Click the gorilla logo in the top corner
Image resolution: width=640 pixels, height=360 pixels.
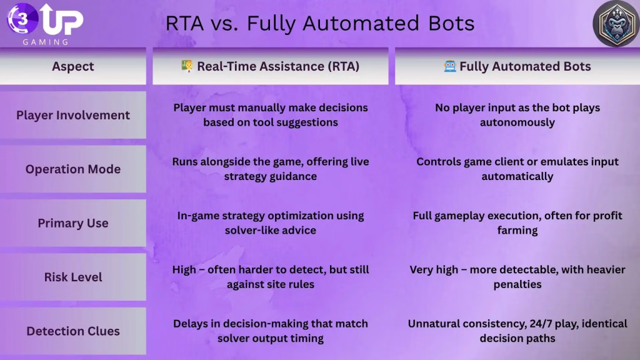point(615,24)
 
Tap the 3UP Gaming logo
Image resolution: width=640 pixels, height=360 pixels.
point(45,23)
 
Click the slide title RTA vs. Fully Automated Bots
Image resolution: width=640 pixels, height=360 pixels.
point(319,23)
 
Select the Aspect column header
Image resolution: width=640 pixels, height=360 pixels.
point(73,66)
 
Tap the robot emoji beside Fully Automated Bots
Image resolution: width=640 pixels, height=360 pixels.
point(450,66)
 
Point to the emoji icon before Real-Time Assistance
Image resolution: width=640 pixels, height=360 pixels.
point(187,66)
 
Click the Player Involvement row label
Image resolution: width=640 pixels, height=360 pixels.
point(73,115)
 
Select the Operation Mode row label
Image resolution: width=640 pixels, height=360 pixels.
point(73,169)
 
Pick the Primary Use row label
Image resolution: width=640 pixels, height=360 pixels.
point(73,223)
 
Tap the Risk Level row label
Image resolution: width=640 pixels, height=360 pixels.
point(73,277)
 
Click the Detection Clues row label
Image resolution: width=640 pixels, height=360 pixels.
point(73,331)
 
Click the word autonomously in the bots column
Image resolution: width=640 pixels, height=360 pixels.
point(517,122)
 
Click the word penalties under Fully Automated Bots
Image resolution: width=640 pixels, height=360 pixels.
point(517,284)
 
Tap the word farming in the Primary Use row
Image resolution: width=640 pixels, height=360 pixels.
point(517,231)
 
